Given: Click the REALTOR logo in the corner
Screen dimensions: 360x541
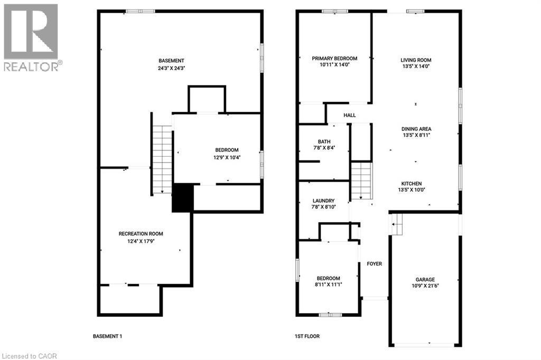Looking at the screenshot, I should pyautogui.click(x=31, y=37).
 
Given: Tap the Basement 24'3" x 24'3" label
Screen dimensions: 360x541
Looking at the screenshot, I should pyautogui.click(x=171, y=64).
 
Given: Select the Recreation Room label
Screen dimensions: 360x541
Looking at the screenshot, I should pyautogui.click(x=141, y=237).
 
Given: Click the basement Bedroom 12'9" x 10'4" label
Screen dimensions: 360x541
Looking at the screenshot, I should pyautogui.click(x=226, y=153).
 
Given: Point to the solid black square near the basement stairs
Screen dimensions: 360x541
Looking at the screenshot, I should pyautogui.click(x=183, y=198).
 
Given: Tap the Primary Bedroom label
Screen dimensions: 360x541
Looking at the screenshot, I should pyautogui.click(x=334, y=61).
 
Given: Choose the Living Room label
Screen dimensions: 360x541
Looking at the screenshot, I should pyautogui.click(x=415, y=63).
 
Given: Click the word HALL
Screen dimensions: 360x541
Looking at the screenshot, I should pyautogui.click(x=350, y=115).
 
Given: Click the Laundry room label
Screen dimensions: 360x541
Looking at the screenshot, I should pyautogui.click(x=323, y=204).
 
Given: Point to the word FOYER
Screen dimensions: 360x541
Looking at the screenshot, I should pyautogui.click(x=374, y=264).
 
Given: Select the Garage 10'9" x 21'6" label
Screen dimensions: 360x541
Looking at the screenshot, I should pyautogui.click(x=424, y=283).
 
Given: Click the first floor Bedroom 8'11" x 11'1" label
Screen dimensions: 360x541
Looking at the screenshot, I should pyautogui.click(x=328, y=281).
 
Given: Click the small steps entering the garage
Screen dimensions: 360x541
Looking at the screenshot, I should pyautogui.click(x=396, y=225).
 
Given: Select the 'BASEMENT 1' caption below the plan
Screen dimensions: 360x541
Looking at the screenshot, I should pyautogui.click(x=107, y=336).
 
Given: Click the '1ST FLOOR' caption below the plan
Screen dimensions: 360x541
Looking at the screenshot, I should pyautogui.click(x=307, y=336).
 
